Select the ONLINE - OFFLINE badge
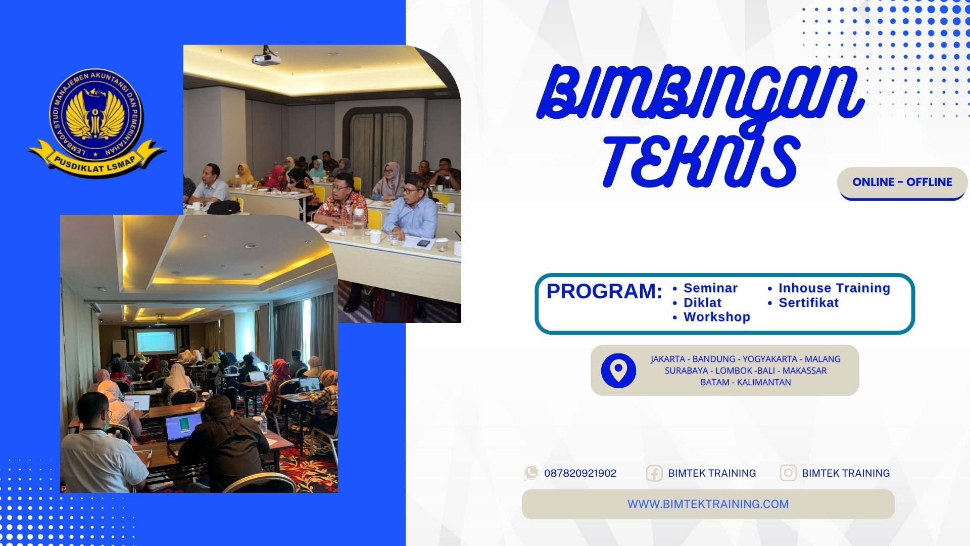coord(902,183)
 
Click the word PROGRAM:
coord(604,292)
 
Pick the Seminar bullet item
coord(710,288)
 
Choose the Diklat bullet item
coord(702,303)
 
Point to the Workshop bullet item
coord(716,317)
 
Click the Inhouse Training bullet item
coord(834,288)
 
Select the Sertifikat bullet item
coord(808,303)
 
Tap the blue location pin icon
coord(618,371)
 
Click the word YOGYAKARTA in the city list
coord(769,359)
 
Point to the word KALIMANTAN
coord(764,382)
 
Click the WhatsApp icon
coord(531,473)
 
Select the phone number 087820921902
coord(580,473)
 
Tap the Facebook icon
coord(654,473)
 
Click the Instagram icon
coord(788,473)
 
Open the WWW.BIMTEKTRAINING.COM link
coord(708,504)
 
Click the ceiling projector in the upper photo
coord(266,57)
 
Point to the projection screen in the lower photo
coord(156,341)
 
